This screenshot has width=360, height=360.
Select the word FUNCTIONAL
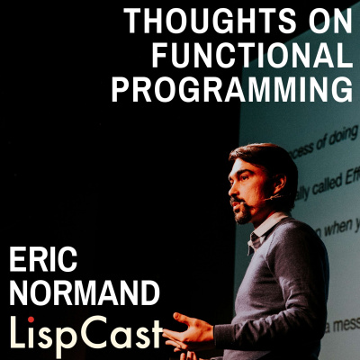pos(252,56)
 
